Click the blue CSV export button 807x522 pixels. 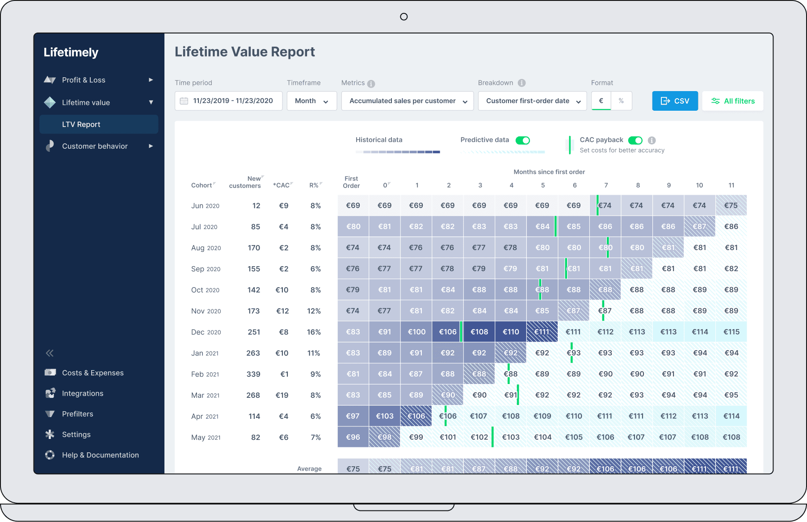pyautogui.click(x=675, y=101)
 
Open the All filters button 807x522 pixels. pyautogui.click(x=733, y=101)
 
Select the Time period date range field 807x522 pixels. pyautogui.click(x=228, y=101)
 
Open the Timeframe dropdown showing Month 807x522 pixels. pyautogui.click(x=311, y=101)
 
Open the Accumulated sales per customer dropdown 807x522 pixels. pyautogui.click(x=408, y=101)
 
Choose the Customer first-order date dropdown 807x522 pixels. pyautogui.click(x=532, y=101)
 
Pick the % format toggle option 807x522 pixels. pyautogui.click(x=621, y=101)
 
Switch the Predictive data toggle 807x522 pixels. pyautogui.click(x=523, y=140)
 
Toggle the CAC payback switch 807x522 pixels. pyautogui.click(x=635, y=140)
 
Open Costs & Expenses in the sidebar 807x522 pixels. pyautogui.click(x=92, y=373)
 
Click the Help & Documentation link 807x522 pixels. pyautogui.click(x=100, y=455)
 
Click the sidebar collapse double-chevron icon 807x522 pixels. pyautogui.click(x=50, y=353)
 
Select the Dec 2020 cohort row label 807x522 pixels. pyautogui.click(x=206, y=332)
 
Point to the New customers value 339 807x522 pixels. pyautogui.click(x=253, y=374)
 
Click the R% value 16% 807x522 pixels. pyautogui.click(x=314, y=332)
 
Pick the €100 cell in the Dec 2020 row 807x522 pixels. pyautogui.click(x=416, y=332)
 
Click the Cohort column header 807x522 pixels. pyautogui.click(x=202, y=185)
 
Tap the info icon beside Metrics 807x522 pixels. pyautogui.click(x=371, y=84)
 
